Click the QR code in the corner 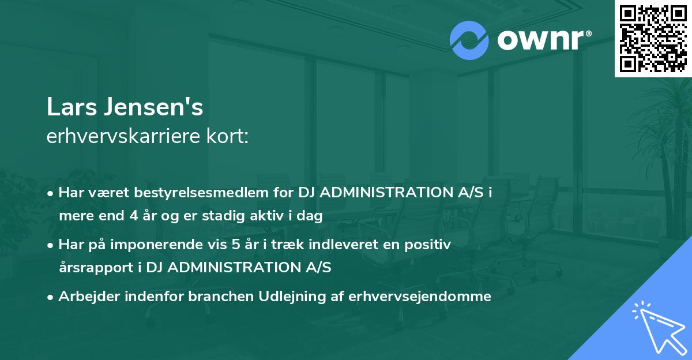[653, 38]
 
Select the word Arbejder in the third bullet [84, 297]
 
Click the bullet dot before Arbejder [51, 297]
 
